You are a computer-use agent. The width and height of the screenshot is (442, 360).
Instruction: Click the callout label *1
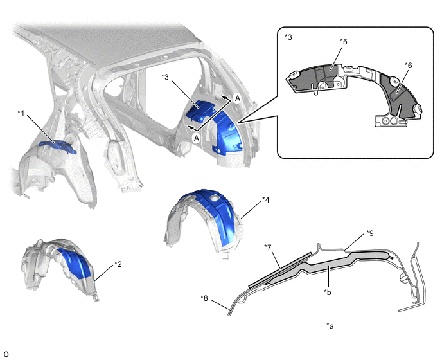[21, 113]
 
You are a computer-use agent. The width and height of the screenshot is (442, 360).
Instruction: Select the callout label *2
[118, 264]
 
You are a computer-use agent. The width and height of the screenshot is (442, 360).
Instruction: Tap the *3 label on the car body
[165, 76]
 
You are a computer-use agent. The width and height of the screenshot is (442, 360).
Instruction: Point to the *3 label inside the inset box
[288, 37]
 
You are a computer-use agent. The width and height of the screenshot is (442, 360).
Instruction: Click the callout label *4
[343, 42]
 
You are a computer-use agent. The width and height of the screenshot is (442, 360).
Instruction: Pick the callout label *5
[408, 66]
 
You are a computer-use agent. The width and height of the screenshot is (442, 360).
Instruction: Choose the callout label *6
[267, 248]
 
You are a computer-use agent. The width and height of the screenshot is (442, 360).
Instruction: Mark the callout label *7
[204, 298]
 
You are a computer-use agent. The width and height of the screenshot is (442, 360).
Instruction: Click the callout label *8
[370, 233]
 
